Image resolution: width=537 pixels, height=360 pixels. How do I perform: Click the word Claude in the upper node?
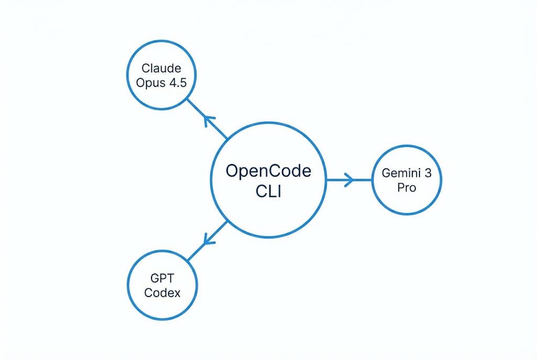tap(161, 68)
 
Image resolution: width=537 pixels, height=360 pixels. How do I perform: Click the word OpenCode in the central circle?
tap(268, 171)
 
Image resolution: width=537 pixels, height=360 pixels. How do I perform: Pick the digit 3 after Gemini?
tap(427, 173)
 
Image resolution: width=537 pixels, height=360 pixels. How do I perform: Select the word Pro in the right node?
tap(406, 188)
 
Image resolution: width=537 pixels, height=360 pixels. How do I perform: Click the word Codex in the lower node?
tap(162, 293)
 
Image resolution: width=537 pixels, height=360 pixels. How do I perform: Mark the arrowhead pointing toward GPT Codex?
tap(208, 240)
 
